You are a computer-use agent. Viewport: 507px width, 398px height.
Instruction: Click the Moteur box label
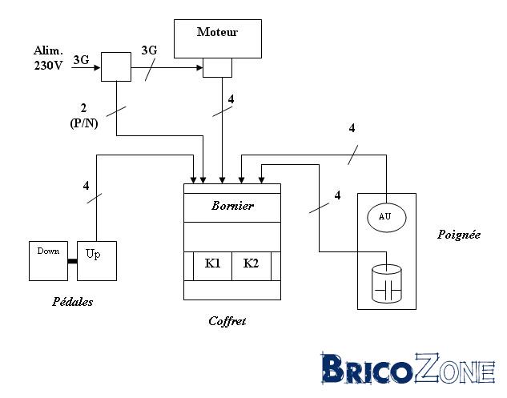pyautogui.click(x=217, y=32)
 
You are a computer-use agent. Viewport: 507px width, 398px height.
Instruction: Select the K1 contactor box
pyautogui.click(x=212, y=266)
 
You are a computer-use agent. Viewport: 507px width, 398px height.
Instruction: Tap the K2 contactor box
pyautogui.click(x=251, y=266)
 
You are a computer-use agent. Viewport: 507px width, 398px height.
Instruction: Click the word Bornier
pyautogui.click(x=232, y=206)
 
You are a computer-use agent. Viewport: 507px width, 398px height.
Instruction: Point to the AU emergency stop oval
pyautogui.click(x=386, y=217)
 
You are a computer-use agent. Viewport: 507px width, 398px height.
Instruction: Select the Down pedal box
pyautogui.click(x=49, y=261)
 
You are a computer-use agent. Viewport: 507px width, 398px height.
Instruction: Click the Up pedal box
pyautogui.click(x=97, y=261)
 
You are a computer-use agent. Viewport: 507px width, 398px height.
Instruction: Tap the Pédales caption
pyautogui.click(x=72, y=302)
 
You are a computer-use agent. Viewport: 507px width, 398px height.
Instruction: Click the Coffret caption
pyautogui.click(x=227, y=321)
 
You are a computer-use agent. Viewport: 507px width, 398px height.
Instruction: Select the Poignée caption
pyautogui.click(x=458, y=234)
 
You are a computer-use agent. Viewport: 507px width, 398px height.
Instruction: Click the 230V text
pyautogui.click(x=49, y=66)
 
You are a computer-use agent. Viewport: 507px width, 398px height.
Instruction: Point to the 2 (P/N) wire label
pyautogui.click(x=84, y=115)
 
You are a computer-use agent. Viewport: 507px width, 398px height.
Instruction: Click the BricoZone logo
pyautogui.click(x=408, y=368)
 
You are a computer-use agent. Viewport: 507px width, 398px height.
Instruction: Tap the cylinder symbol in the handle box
pyautogui.click(x=386, y=283)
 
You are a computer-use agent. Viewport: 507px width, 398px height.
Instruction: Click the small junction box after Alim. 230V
pyautogui.click(x=116, y=66)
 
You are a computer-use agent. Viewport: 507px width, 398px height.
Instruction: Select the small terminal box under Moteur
pyautogui.click(x=217, y=67)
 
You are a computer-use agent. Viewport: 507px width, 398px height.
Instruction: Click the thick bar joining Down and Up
pyautogui.click(x=72, y=261)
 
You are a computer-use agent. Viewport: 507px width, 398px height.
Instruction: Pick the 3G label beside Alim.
pyautogui.click(x=81, y=59)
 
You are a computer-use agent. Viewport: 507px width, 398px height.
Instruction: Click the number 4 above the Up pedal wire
pyautogui.click(x=86, y=186)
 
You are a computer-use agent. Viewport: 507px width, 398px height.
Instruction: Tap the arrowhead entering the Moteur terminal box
pyautogui.click(x=199, y=67)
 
